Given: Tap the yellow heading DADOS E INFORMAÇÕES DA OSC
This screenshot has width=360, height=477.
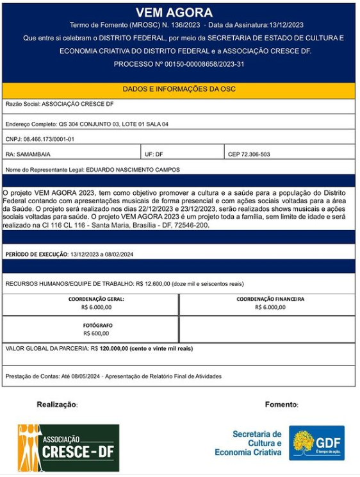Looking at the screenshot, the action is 179,89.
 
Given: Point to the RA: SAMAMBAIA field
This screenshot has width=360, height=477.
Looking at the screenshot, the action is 28,155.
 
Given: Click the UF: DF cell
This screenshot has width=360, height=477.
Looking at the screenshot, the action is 154,155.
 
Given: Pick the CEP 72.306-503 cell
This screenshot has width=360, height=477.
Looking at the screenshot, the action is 249,155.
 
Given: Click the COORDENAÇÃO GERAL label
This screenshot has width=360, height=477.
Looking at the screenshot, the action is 96,299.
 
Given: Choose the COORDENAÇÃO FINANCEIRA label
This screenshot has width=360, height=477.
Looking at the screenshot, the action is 270,299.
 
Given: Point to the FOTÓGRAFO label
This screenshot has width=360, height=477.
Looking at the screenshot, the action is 96,325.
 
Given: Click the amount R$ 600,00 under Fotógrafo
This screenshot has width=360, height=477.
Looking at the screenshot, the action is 96,333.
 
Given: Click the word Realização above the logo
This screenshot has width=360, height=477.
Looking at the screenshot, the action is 57,405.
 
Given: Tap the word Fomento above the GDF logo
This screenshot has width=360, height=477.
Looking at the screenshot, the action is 281,405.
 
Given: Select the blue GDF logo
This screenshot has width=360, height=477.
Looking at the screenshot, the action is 316,443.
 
